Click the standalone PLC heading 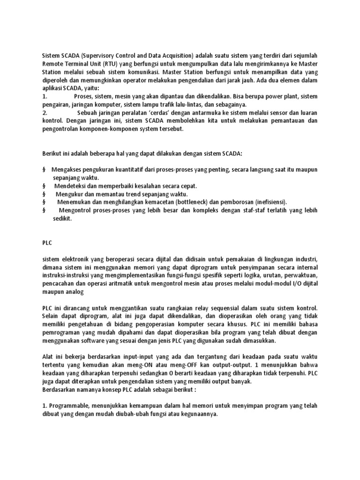point(47,243)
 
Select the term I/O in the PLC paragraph point(289,283)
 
